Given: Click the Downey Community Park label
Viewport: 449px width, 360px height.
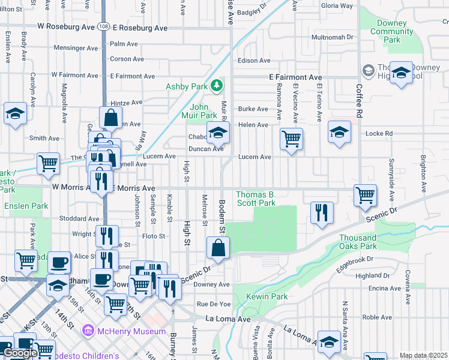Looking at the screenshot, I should tap(392, 31).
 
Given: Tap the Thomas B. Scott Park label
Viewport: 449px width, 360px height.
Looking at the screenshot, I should tap(256, 199).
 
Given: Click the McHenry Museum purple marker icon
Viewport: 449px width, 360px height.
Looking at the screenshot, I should tap(88, 331).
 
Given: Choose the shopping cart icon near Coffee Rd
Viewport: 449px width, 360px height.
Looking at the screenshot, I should tap(365, 195).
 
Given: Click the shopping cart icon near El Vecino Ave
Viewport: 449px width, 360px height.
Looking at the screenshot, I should tap(291, 139).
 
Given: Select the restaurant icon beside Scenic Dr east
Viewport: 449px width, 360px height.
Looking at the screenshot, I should tap(322, 212).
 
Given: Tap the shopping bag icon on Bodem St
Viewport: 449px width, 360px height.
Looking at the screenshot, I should tap(218, 247).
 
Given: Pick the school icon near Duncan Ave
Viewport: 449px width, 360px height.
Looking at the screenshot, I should tap(218, 132).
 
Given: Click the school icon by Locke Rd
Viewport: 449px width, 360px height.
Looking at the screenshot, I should tap(339, 132).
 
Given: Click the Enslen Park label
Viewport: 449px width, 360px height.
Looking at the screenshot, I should tap(26, 206).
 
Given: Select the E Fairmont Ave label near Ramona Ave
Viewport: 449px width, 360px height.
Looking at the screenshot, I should tap(295, 77).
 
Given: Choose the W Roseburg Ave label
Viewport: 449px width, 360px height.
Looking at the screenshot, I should tap(66, 27).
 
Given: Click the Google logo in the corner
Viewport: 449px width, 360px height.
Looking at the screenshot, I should tap(20, 352).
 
